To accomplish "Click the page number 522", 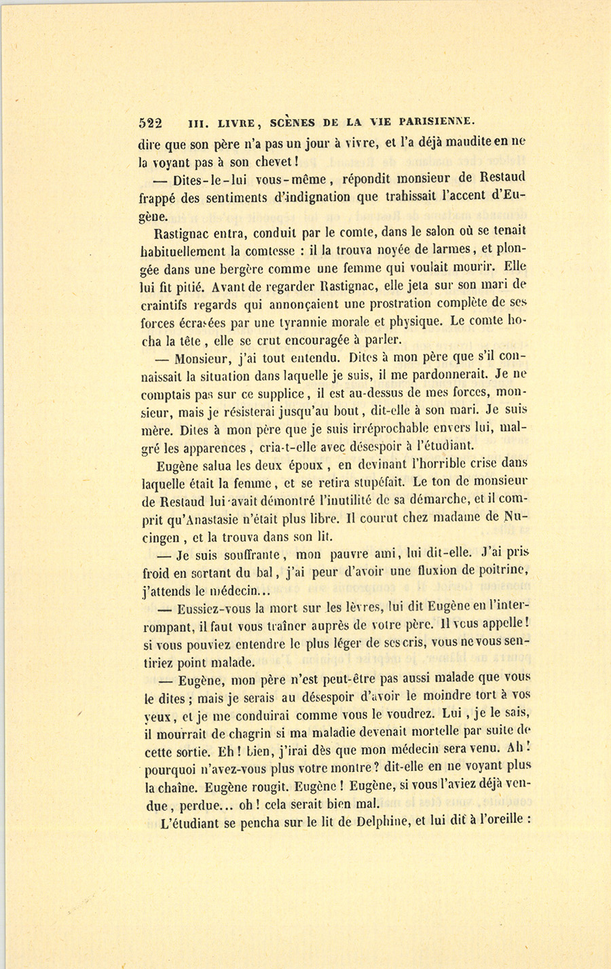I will point(150,123).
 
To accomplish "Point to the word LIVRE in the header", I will point(236,123).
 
